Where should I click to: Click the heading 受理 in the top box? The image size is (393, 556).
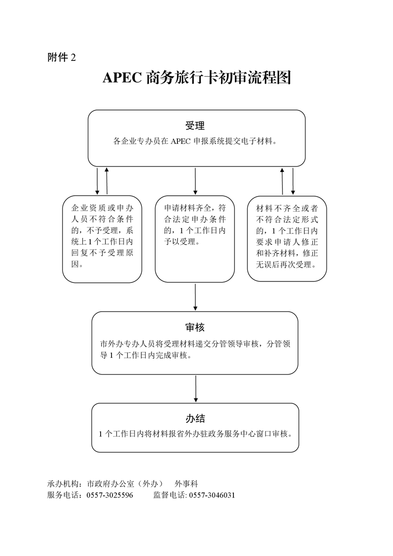(195, 125)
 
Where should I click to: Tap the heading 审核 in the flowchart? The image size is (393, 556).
(195, 327)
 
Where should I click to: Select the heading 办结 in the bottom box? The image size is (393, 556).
(195, 418)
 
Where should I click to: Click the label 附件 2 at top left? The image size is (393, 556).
(62, 57)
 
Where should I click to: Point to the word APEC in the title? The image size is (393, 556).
(122, 78)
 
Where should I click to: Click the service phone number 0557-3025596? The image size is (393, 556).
(110, 495)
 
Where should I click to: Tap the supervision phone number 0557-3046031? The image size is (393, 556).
(212, 495)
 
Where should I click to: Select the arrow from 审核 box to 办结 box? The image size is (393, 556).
(195, 389)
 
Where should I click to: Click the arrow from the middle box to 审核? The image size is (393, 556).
(195, 297)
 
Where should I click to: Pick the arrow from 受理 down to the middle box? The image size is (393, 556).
(195, 181)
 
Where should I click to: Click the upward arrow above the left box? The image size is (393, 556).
(107, 181)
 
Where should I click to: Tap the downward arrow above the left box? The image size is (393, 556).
(98, 181)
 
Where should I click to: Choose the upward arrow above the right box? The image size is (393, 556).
(282, 181)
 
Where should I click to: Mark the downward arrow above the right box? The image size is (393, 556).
(292, 181)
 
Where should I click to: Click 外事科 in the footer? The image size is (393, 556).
(186, 484)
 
